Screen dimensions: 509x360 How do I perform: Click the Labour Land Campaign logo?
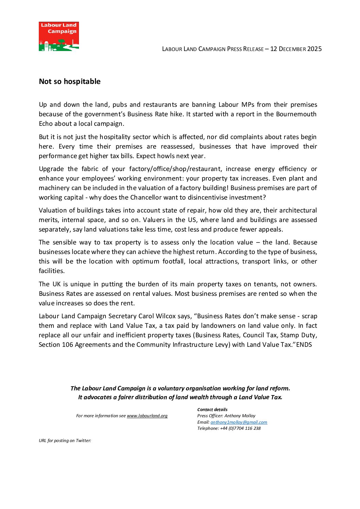59,36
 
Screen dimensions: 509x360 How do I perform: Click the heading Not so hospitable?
70,82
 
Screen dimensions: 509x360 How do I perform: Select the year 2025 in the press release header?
314,49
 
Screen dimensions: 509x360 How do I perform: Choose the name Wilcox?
178,316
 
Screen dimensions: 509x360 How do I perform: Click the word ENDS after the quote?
304,345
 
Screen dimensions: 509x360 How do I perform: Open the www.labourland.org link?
147,416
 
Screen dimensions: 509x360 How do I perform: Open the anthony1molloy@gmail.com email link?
239,422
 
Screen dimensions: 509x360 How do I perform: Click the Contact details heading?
212,410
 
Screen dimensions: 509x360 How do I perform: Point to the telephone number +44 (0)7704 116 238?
240,428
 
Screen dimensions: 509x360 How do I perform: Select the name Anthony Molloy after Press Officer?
240,416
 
